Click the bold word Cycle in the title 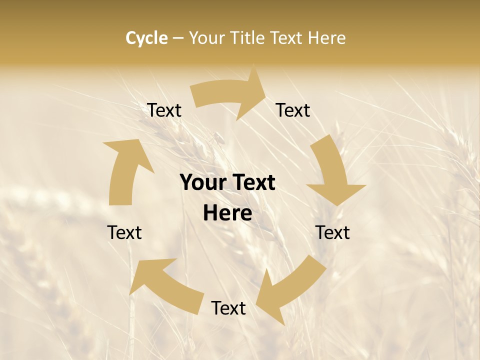point(146,38)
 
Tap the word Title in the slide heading point(248,38)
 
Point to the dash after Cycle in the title point(178,38)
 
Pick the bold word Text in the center point(252,183)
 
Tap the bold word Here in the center point(227,213)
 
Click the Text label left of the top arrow point(164,110)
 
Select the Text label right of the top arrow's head point(293,110)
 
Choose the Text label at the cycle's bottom point(228,308)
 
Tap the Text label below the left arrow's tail point(124,232)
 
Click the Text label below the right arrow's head point(332,232)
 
